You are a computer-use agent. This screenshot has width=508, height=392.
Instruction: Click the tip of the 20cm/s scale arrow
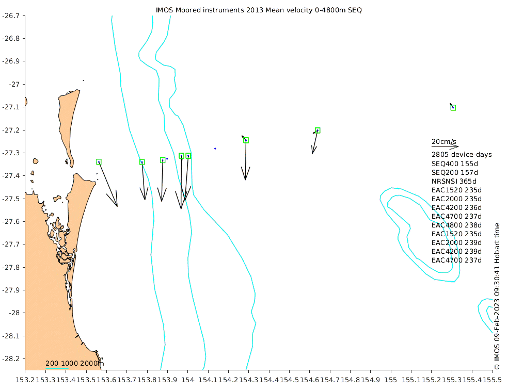tap(459, 146)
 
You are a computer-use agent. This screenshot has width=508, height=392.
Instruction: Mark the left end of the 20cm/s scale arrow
tap(432, 146)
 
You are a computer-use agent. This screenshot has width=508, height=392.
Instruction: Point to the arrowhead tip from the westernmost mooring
tap(117, 206)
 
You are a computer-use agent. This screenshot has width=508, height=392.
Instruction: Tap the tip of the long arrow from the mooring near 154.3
tap(245, 180)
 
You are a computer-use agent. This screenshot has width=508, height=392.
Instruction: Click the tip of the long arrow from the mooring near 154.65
tap(312, 153)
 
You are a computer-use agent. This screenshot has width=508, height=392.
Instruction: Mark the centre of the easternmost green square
tap(453, 108)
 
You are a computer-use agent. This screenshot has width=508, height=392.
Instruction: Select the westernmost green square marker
tap(99, 162)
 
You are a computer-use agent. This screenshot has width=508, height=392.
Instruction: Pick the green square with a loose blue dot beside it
tap(163, 160)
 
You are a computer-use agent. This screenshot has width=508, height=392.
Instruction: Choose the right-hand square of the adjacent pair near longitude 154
tap(188, 156)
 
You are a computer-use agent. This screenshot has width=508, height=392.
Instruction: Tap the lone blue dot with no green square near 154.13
tap(215, 149)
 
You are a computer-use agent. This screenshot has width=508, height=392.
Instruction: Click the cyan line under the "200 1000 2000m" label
tap(57, 368)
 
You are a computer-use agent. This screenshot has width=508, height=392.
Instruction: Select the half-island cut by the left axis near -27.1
tap(26, 102)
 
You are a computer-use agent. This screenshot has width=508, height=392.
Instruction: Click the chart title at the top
tap(259, 10)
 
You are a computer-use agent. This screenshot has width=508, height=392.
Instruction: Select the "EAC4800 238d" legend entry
tap(456, 225)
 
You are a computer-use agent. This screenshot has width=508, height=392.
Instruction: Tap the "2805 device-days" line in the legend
tap(462, 155)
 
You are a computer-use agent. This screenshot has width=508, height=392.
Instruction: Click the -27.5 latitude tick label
tap(11, 199)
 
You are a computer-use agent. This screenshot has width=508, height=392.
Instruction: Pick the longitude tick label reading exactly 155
tap(391, 380)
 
